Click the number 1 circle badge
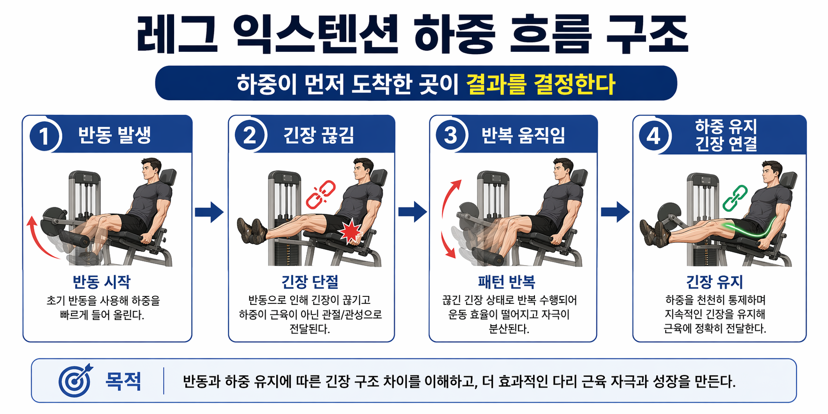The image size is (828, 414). point(44,136)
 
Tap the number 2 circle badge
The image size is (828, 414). point(249,135)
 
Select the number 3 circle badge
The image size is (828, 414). point(450,135)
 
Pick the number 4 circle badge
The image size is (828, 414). point(653,136)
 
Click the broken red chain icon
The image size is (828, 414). point(321,194)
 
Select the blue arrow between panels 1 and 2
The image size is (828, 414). point(209,212)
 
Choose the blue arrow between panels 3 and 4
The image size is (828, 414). point(615,212)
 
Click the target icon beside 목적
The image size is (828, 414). point(75,381)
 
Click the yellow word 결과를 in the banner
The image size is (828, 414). point(496,84)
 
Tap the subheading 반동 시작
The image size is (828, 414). point(101,282)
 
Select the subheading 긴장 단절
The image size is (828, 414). point(309,282)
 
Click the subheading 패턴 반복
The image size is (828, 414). point(506,282)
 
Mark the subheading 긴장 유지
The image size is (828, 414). point(714,282)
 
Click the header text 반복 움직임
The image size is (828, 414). point(523,135)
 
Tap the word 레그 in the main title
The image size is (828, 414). point(177,35)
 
